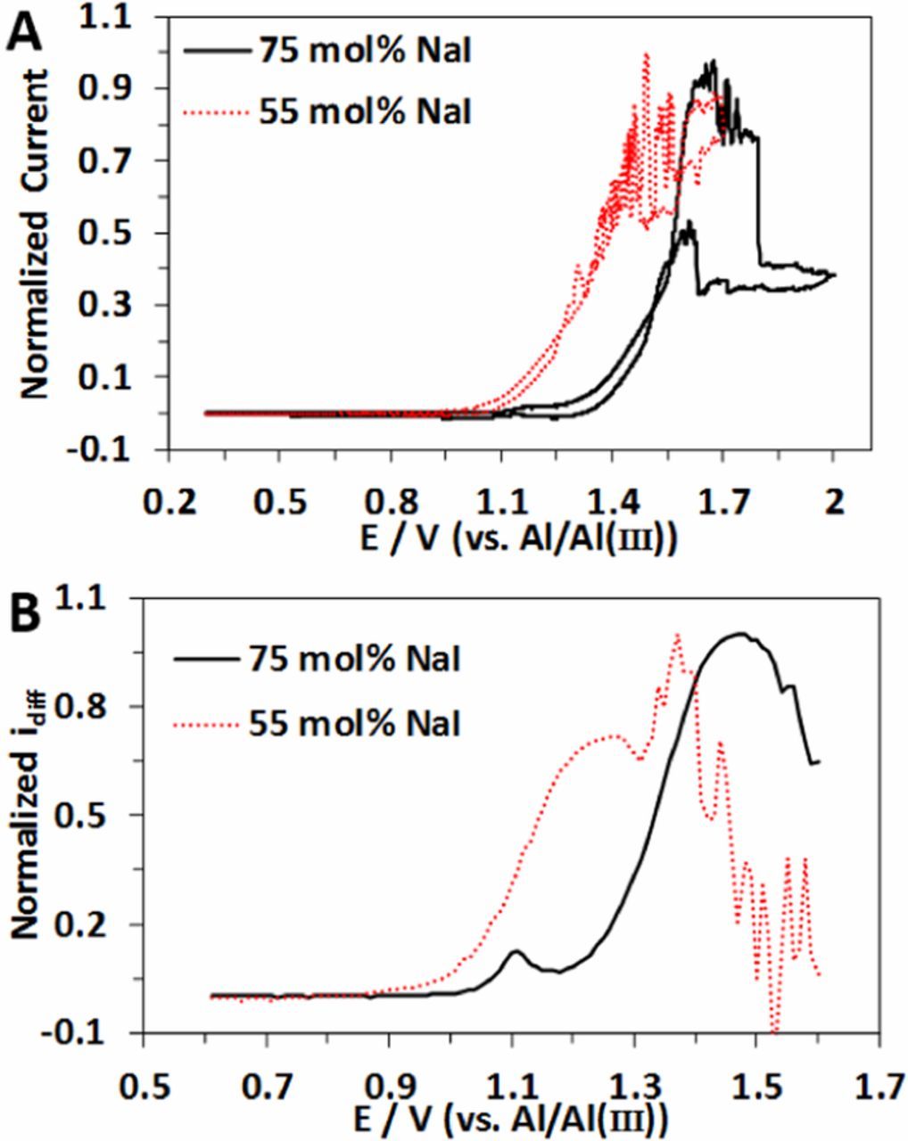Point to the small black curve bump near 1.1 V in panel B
(x=516, y=952)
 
